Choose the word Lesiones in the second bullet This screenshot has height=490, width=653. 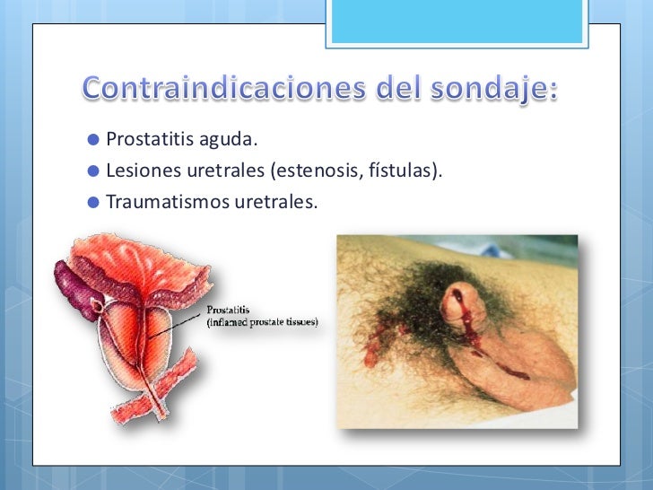[136, 170]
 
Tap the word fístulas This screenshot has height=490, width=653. [404, 170]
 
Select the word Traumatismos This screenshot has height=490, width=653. [154, 199]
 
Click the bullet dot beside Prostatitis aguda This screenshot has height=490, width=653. [93, 140]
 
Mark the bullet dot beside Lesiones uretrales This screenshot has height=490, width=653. [93, 170]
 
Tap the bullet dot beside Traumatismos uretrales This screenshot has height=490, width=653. [93, 199]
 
